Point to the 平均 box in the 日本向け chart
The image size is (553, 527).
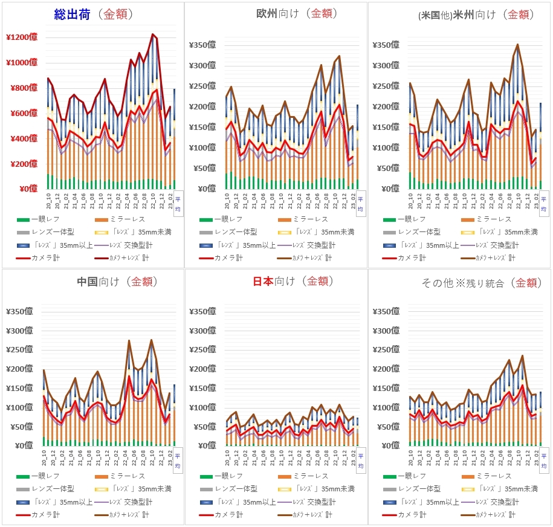pos(361,461)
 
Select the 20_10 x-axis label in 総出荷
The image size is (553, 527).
pos(48,198)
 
